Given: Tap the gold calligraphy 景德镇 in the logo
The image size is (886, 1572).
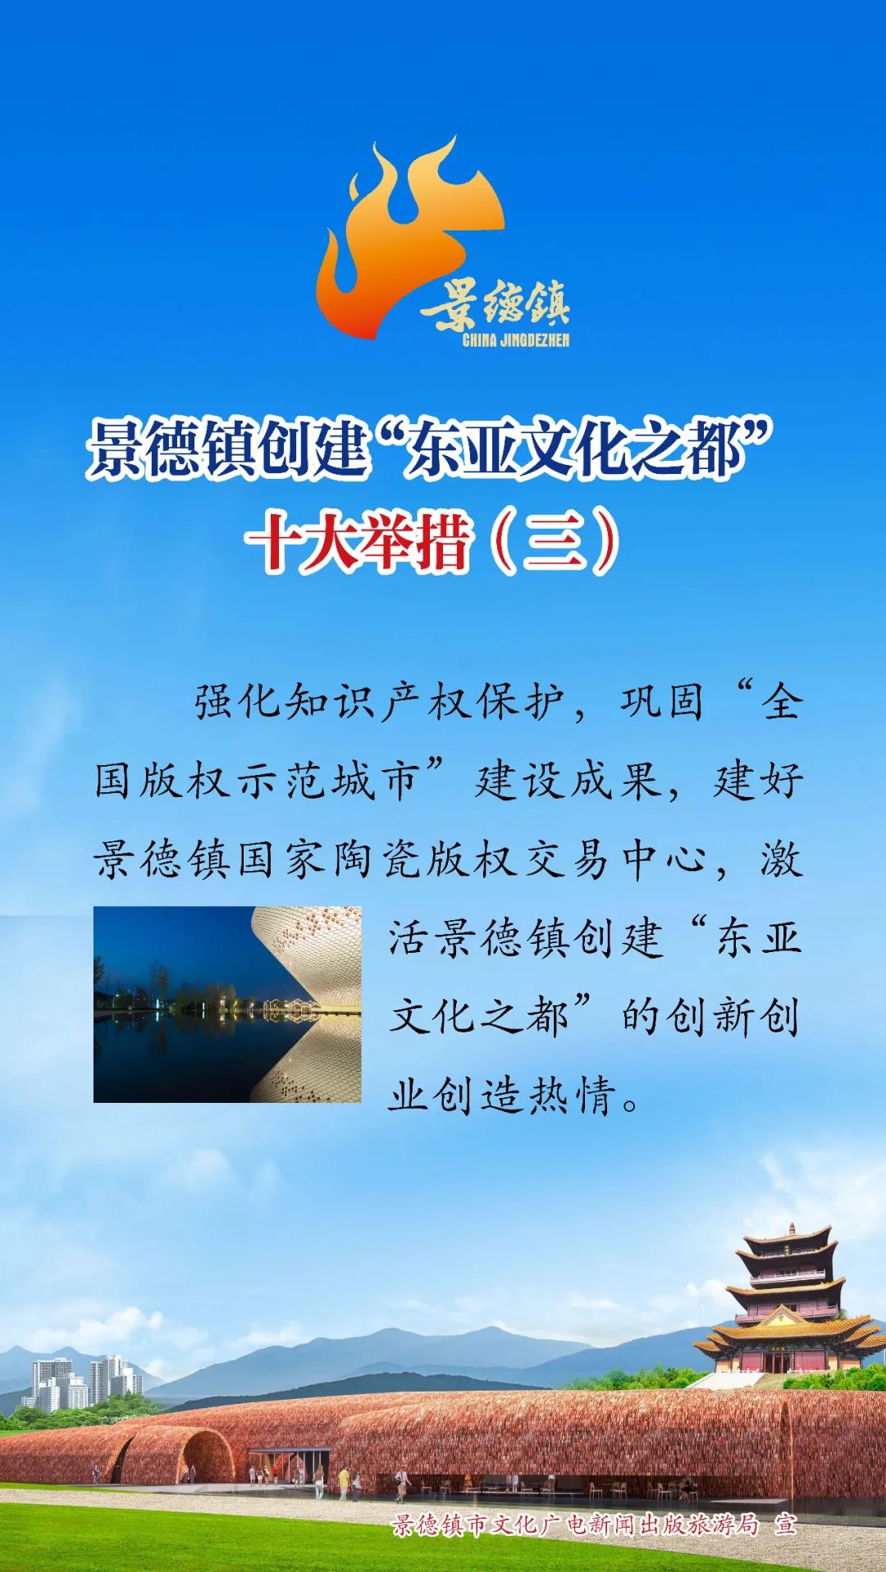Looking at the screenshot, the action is tap(496, 306).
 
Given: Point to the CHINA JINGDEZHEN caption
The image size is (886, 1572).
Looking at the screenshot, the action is tap(515, 340).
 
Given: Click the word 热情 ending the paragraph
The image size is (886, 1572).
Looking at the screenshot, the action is tap(573, 1095).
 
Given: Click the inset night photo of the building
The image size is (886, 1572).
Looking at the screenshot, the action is tap(227, 1004).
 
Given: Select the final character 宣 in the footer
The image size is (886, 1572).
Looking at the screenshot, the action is tap(786, 1524).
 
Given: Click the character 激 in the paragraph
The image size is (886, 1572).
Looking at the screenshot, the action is tap(780, 860).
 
